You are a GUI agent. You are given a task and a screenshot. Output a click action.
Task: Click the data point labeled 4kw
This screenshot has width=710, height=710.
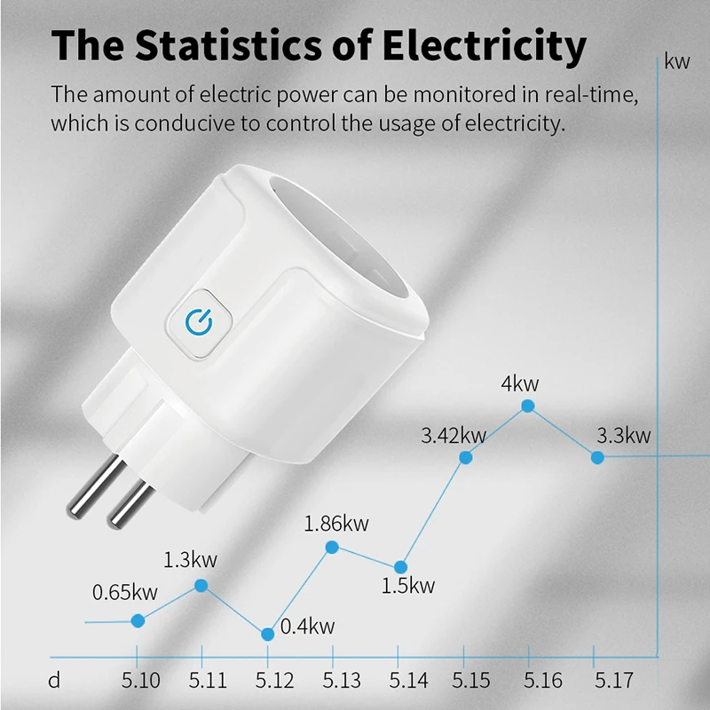(x=528, y=406)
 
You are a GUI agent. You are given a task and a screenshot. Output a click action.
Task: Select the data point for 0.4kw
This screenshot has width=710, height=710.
(x=268, y=634)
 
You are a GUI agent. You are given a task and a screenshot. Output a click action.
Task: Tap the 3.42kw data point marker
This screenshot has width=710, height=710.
(x=465, y=457)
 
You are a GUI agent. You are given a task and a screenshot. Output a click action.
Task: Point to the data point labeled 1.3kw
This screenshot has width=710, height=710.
(x=201, y=585)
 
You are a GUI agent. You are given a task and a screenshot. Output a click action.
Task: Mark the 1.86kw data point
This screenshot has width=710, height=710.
(x=332, y=547)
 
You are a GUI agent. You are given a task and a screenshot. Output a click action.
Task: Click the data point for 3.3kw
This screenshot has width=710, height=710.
(x=597, y=457)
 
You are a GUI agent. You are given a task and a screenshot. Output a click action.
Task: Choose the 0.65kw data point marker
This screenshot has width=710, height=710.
(x=138, y=620)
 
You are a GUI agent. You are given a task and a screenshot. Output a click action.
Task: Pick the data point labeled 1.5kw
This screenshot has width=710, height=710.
(x=400, y=566)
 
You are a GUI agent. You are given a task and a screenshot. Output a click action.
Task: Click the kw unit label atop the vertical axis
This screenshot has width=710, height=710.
(x=677, y=61)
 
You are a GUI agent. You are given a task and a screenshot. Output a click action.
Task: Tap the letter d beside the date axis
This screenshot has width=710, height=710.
(x=55, y=682)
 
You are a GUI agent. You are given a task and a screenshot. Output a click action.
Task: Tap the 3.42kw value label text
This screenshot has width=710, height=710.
(x=454, y=436)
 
